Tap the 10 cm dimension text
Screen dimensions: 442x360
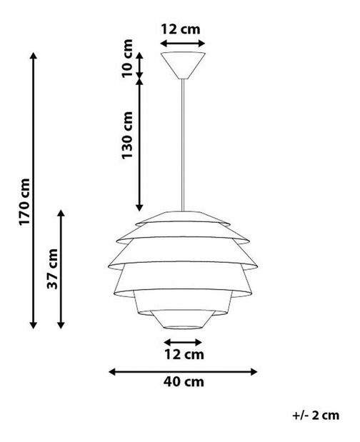click(127, 60)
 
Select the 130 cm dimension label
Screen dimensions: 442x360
click(127, 136)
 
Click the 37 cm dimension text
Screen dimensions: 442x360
click(51, 269)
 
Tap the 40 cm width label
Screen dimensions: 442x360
click(184, 382)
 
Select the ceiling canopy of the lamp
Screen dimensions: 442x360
click(184, 63)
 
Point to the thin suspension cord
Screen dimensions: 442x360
click(184, 143)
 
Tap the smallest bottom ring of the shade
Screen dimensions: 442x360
click(184, 319)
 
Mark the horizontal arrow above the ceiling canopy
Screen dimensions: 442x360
click(184, 44)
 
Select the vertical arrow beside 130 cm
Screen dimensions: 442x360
click(140, 143)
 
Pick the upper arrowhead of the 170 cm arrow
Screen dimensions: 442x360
click(33, 56)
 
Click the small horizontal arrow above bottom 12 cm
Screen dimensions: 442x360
click(184, 342)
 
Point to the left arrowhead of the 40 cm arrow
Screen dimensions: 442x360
click(112, 371)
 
